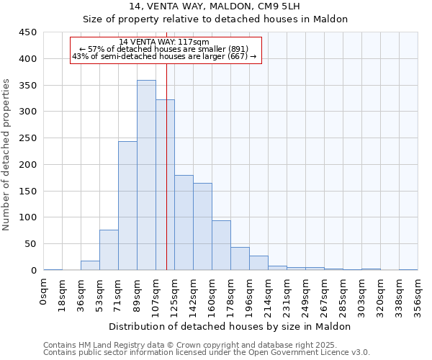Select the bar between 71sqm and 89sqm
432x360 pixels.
(127, 205)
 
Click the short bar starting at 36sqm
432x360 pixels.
(90, 265)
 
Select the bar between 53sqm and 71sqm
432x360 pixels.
(109, 250)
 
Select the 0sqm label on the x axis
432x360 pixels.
(44, 292)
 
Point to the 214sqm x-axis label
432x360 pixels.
(268, 296)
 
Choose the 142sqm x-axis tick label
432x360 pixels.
(193, 296)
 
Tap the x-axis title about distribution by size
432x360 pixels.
(230, 326)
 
